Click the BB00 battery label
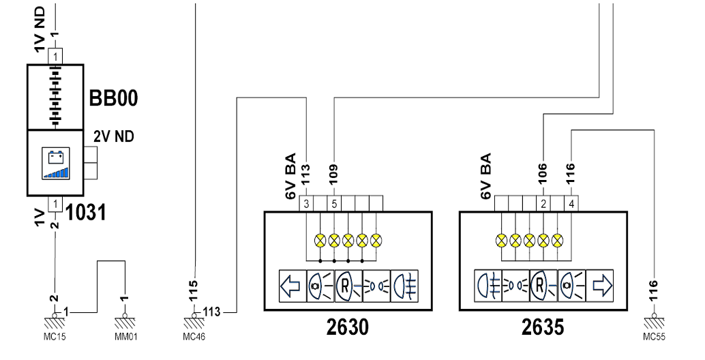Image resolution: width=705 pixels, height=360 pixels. [113, 98]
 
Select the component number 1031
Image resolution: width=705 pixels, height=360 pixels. [86, 212]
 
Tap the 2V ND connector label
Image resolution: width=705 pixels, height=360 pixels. [114, 136]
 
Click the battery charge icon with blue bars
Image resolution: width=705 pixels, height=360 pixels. [55, 164]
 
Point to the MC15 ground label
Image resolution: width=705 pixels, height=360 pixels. [55, 337]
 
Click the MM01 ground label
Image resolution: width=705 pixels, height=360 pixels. [126, 337]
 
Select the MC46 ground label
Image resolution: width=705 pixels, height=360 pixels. [194, 337]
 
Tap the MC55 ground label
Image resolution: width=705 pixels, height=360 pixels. [654, 337]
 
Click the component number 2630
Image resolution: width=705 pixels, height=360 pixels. [348, 327]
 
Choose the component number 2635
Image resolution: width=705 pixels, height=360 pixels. [543, 327]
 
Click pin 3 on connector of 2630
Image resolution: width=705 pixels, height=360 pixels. [306, 204]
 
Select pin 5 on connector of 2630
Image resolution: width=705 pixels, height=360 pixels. [334, 204]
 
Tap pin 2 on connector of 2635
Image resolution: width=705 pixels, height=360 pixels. [543, 204]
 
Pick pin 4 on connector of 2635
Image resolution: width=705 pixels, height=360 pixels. [571, 204]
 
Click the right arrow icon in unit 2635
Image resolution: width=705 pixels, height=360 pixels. [600, 286]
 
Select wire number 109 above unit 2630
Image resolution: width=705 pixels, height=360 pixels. [333, 175]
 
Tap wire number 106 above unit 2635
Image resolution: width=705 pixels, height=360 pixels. [543, 173]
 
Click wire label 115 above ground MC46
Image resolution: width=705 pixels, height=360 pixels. [194, 290]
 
